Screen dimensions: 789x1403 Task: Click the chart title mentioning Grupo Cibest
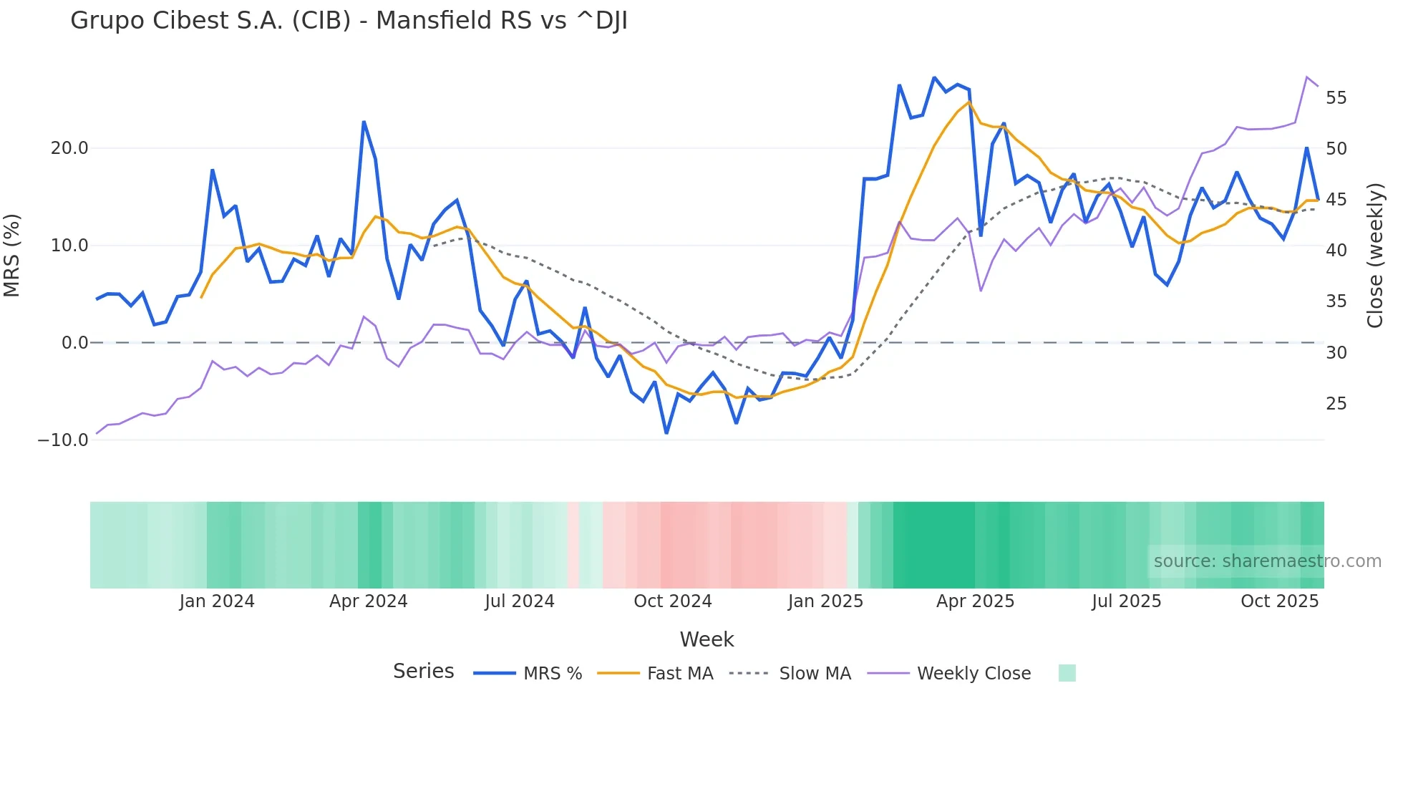(349, 21)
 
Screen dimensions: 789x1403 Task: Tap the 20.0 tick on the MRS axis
(69, 148)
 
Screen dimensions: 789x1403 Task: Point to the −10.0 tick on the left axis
(63, 440)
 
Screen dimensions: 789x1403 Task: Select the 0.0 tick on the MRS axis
(74, 343)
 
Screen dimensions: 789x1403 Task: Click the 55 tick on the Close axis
(1336, 98)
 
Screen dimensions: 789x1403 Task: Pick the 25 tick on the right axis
(1336, 404)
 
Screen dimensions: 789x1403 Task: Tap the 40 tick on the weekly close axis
(1336, 251)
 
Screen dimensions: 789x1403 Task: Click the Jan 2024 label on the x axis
(217, 601)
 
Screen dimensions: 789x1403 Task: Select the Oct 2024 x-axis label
(672, 601)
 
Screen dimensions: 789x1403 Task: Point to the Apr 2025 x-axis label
(975, 601)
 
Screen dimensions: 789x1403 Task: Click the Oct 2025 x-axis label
(1279, 601)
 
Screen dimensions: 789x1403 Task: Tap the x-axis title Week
(707, 639)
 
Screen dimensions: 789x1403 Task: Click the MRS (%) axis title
(12, 256)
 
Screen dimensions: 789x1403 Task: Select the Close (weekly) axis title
(1374, 256)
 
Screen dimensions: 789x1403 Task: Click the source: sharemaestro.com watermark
(1267, 561)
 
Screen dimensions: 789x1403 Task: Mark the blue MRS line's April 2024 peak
(364, 122)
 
